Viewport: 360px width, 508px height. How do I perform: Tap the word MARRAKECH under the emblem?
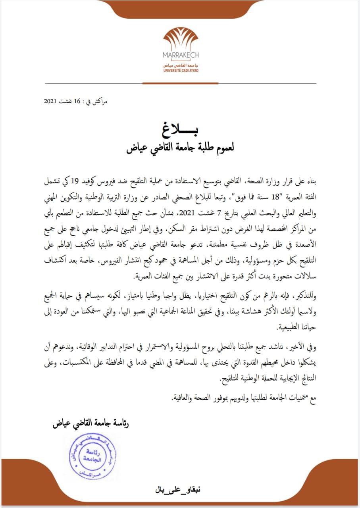181,55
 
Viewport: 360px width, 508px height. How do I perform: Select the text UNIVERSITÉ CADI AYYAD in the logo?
181,70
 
